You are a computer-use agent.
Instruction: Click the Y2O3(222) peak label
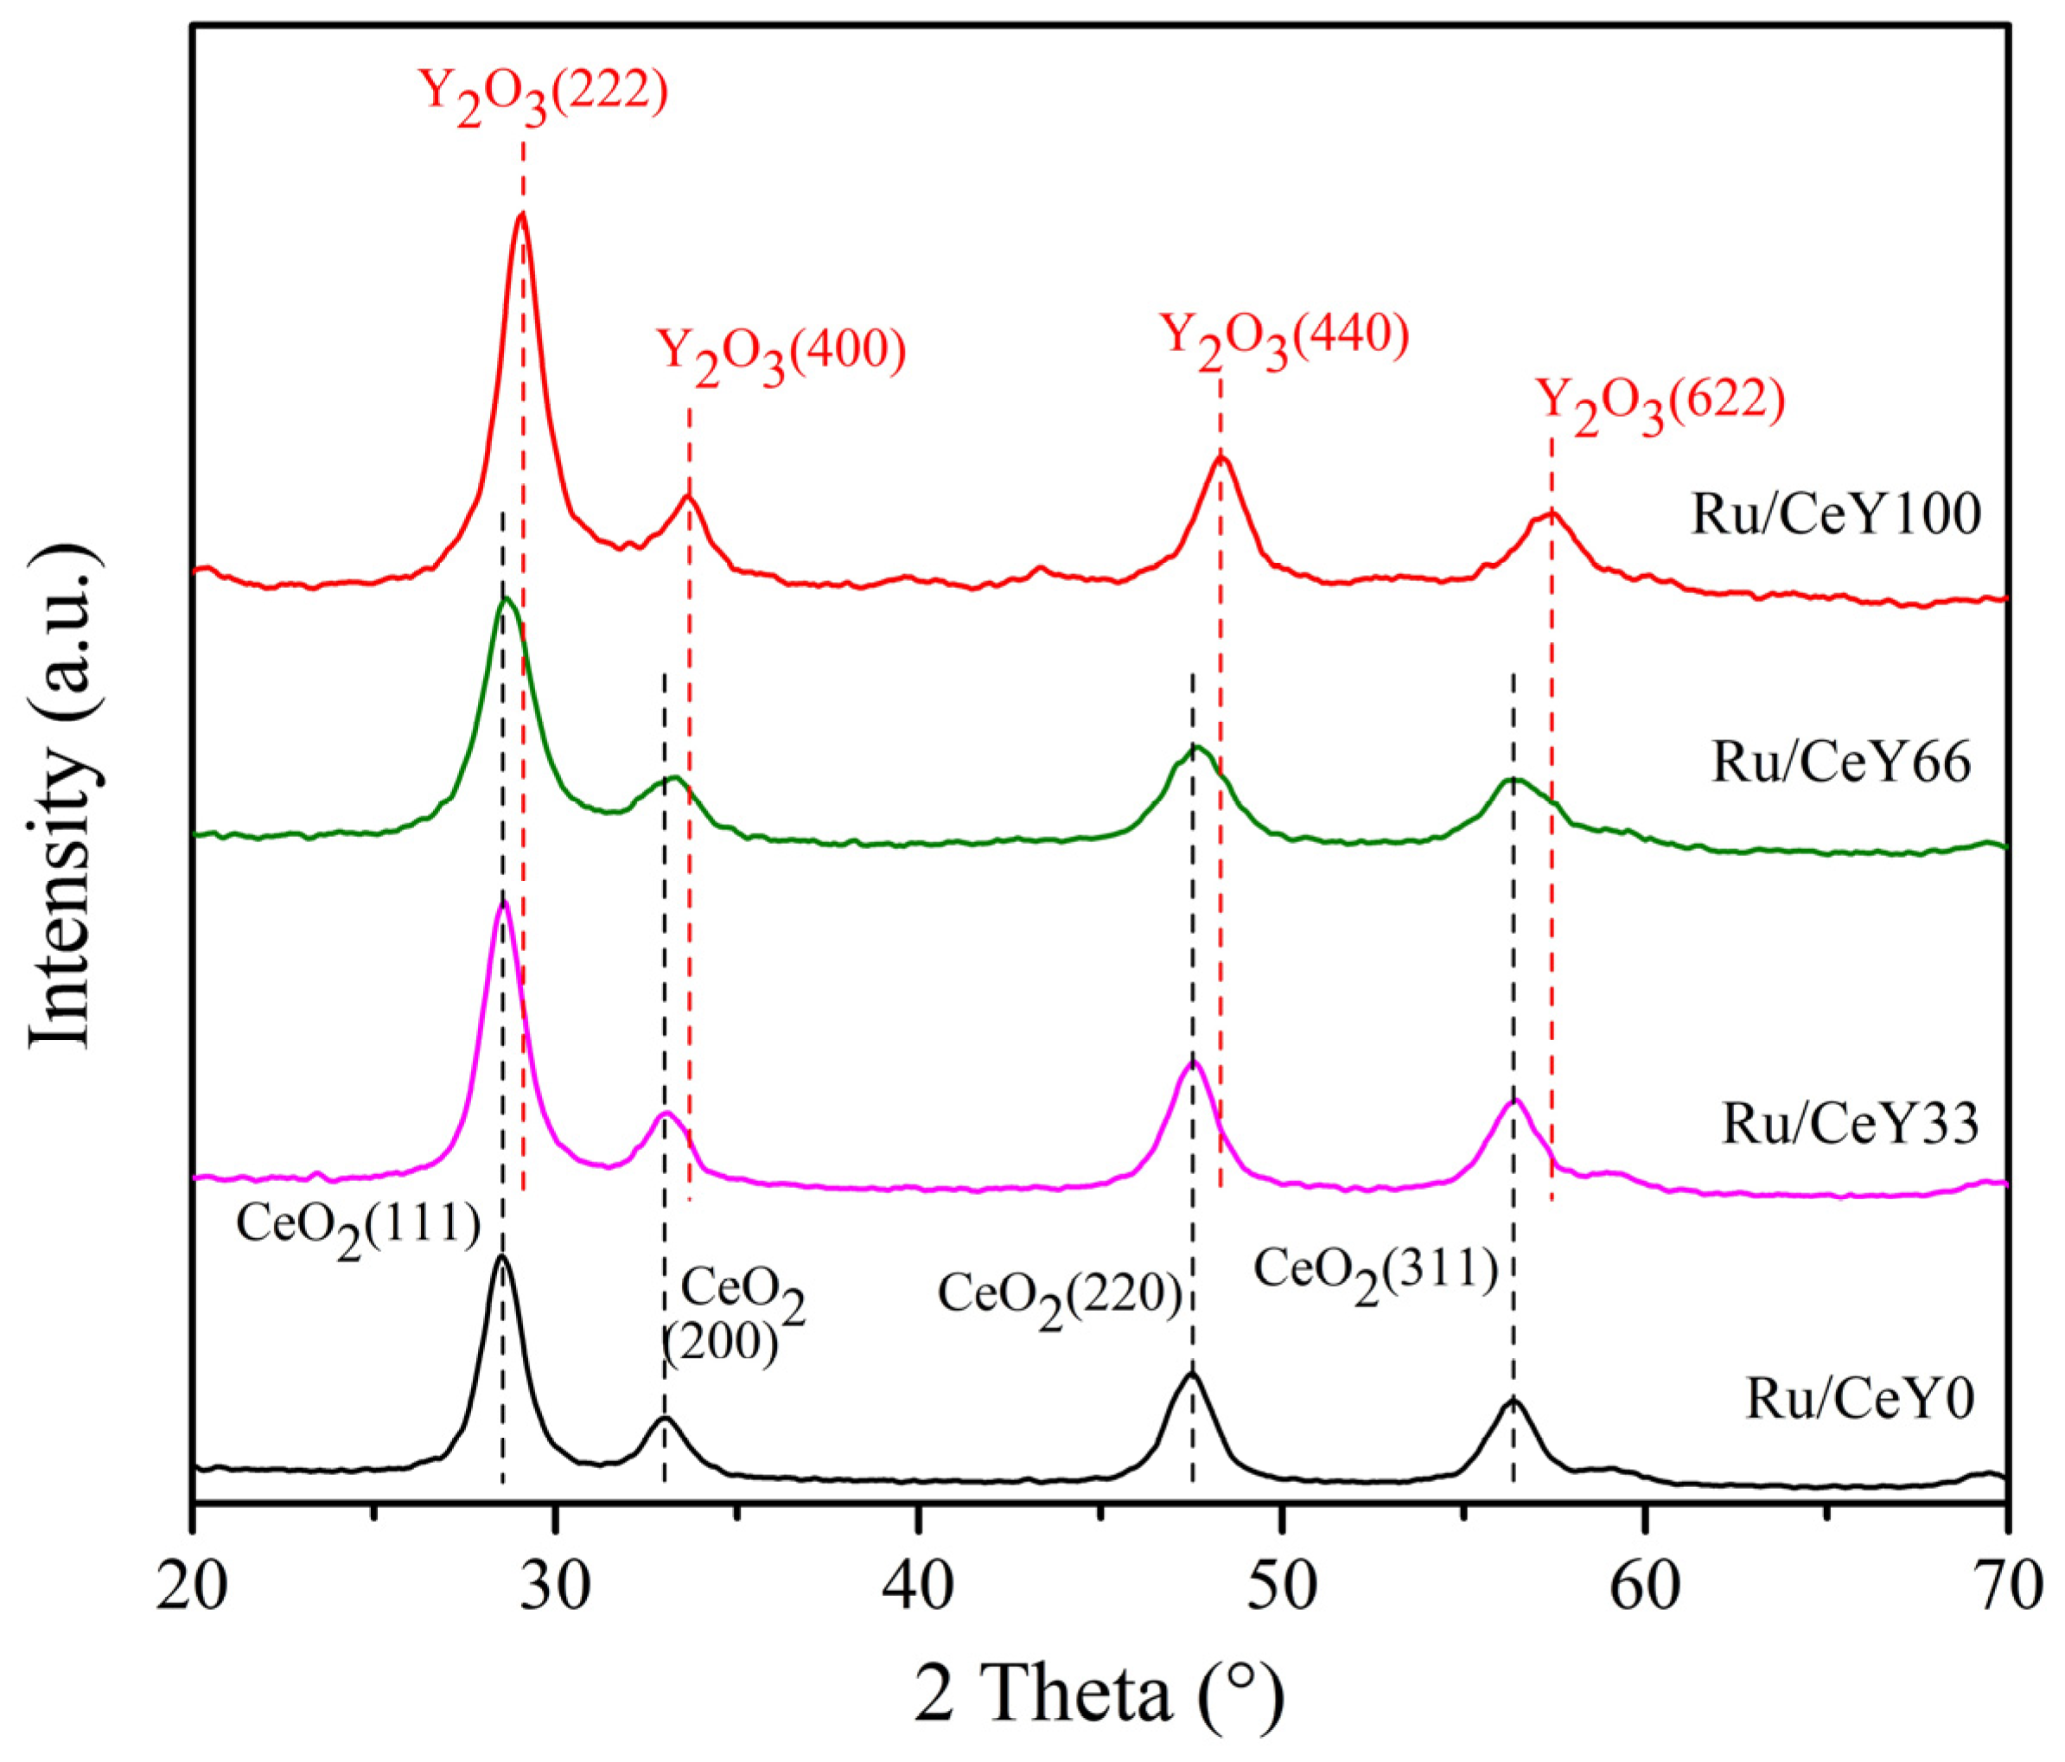pos(543,96)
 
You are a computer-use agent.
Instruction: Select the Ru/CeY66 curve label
pos(1841,764)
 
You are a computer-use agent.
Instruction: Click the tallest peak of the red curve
pos(520,215)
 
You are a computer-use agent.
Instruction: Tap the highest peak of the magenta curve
pos(503,903)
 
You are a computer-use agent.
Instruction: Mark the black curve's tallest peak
pos(501,1259)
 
